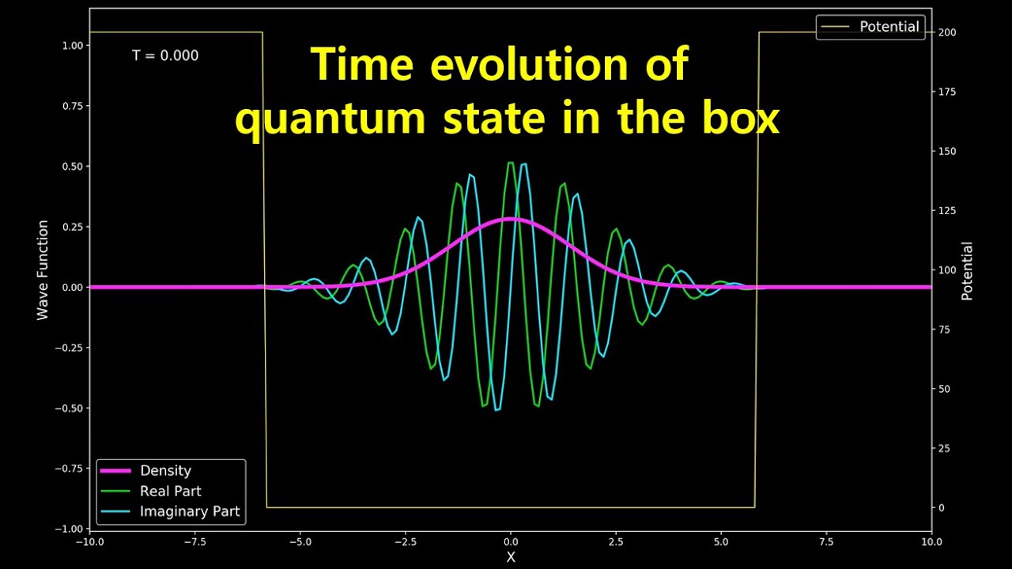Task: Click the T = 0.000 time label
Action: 165,56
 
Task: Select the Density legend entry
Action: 165,471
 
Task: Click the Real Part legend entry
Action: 170,491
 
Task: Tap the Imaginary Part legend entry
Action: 190,511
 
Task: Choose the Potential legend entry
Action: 889,27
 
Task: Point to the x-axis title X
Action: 511,557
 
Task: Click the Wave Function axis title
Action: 43,270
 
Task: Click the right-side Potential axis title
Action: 966,271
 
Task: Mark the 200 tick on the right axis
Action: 947,32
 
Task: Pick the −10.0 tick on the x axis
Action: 89,543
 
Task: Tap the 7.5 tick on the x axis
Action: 825,543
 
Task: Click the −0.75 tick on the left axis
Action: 70,469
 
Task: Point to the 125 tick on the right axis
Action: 947,211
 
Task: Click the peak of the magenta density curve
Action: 511,219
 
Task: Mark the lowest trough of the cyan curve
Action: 497,410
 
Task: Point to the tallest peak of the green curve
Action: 511,163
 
